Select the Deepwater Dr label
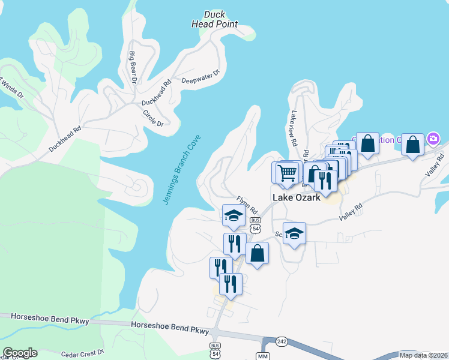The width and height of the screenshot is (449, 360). (201, 77)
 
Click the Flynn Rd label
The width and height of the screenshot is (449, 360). (247, 205)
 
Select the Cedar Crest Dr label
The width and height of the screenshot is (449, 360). (82, 353)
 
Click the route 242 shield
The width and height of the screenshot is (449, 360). (282, 341)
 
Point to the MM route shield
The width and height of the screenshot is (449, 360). (262, 356)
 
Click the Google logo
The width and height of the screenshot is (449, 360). (20, 353)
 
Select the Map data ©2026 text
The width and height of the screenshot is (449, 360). (424, 355)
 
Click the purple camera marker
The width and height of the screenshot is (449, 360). (433, 139)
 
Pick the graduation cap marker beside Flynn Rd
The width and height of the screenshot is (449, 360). (233, 216)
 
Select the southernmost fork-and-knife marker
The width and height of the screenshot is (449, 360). (231, 284)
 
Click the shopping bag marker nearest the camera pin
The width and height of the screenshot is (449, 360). (412, 144)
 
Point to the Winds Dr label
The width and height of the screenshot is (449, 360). (11, 88)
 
